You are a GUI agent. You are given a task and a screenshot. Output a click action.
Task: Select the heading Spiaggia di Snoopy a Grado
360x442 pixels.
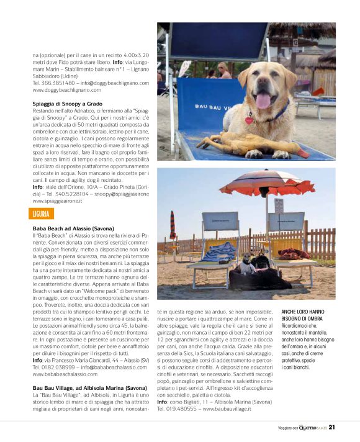tap(67, 104)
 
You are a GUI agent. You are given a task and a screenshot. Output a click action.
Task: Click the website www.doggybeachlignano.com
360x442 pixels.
tap(66, 90)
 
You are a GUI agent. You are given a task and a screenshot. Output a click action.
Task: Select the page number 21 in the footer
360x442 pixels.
tap(332, 426)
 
